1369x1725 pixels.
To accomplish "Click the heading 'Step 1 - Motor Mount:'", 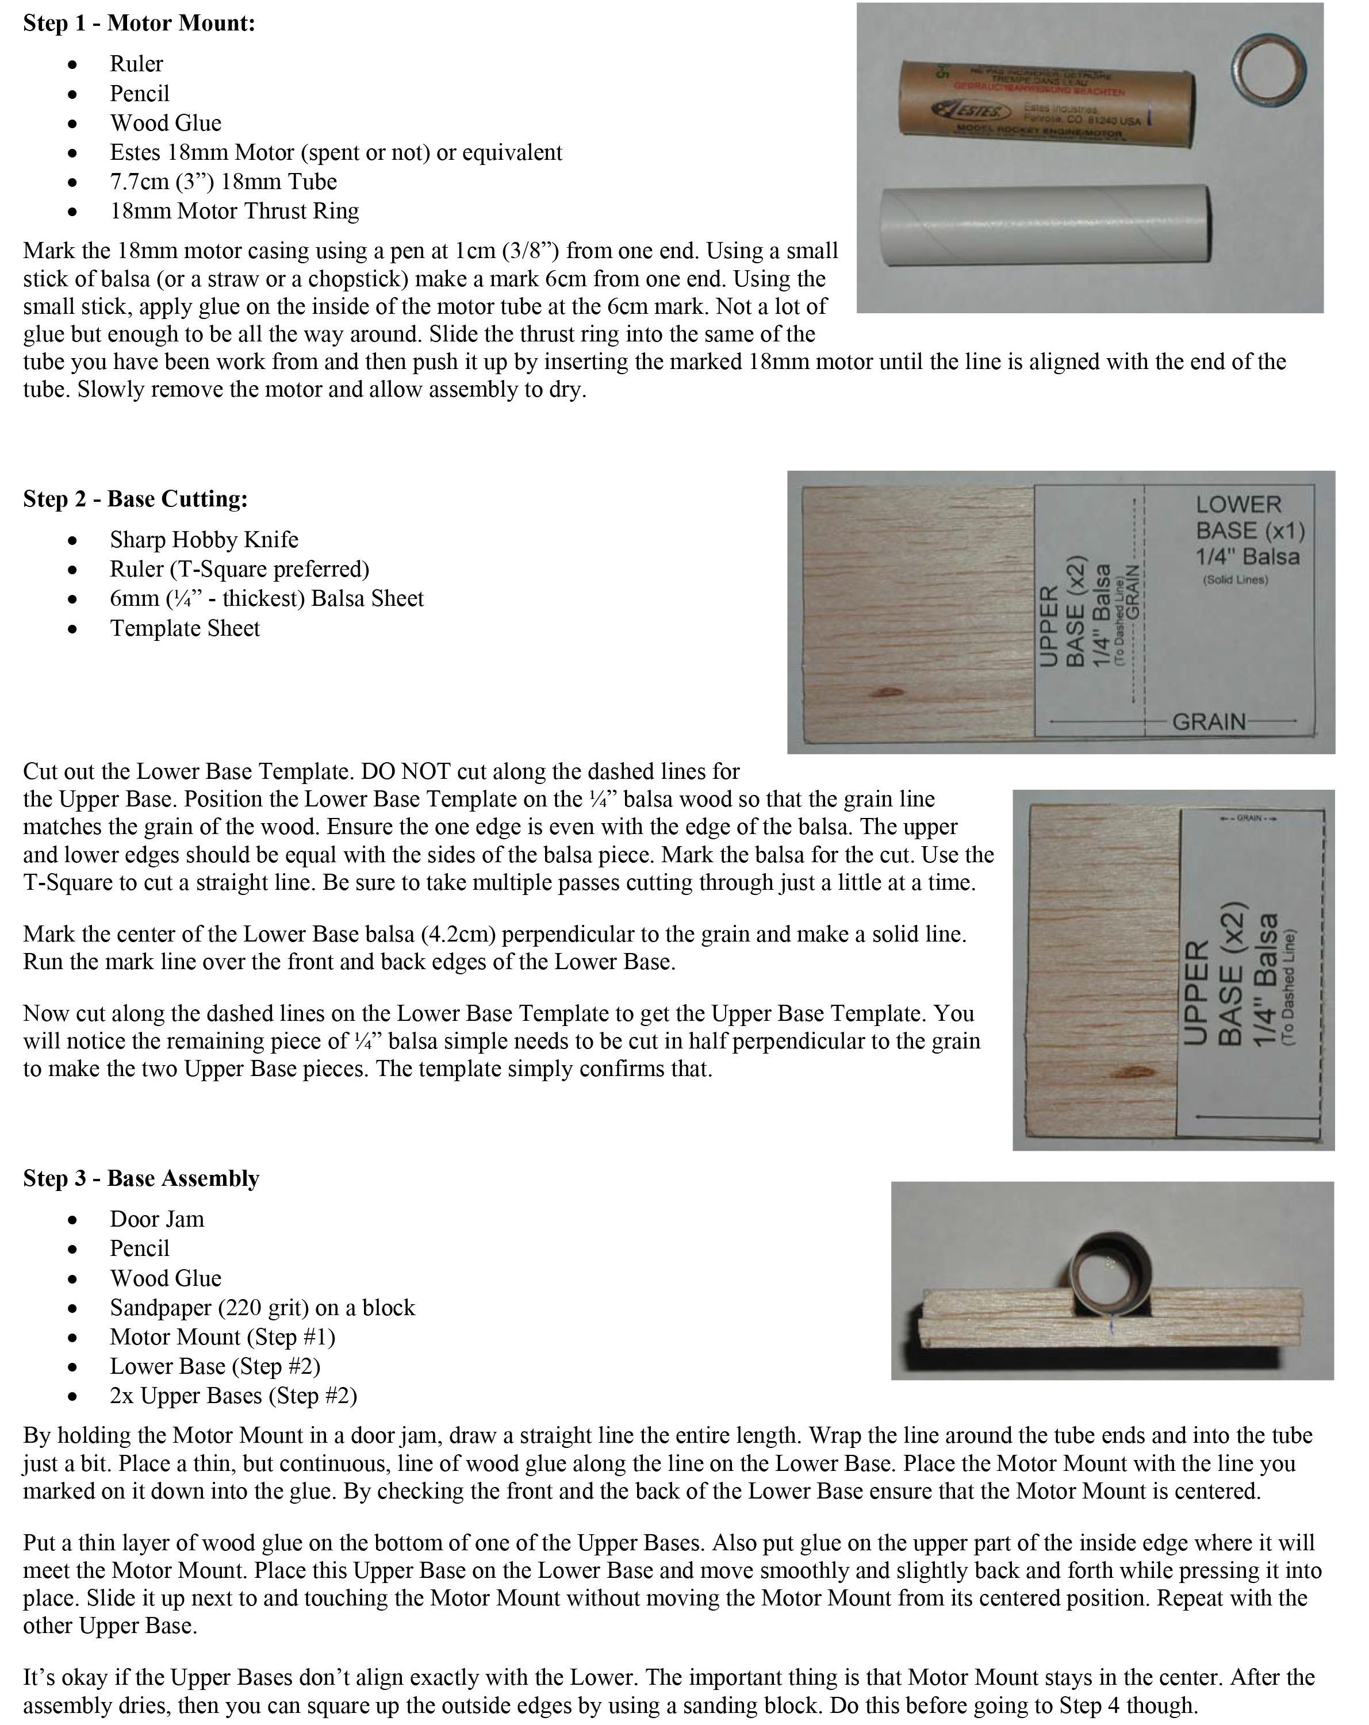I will click(139, 23).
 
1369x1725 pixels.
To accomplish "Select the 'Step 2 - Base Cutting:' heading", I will click(135, 500).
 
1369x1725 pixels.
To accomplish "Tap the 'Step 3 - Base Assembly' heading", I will click(141, 1178).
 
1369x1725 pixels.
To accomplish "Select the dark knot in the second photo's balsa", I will click(887, 691).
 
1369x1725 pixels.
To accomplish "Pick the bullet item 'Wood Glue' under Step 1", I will click(166, 123).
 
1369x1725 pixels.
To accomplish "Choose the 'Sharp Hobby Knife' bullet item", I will click(204, 540).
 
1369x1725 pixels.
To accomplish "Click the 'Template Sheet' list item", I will click(185, 629).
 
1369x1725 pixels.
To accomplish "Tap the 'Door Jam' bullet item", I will click(157, 1219).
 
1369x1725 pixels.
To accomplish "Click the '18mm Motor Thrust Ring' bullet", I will click(235, 211).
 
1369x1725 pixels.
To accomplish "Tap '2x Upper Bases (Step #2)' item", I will click(233, 1396).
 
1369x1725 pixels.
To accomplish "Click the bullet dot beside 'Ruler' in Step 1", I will click(74, 65).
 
